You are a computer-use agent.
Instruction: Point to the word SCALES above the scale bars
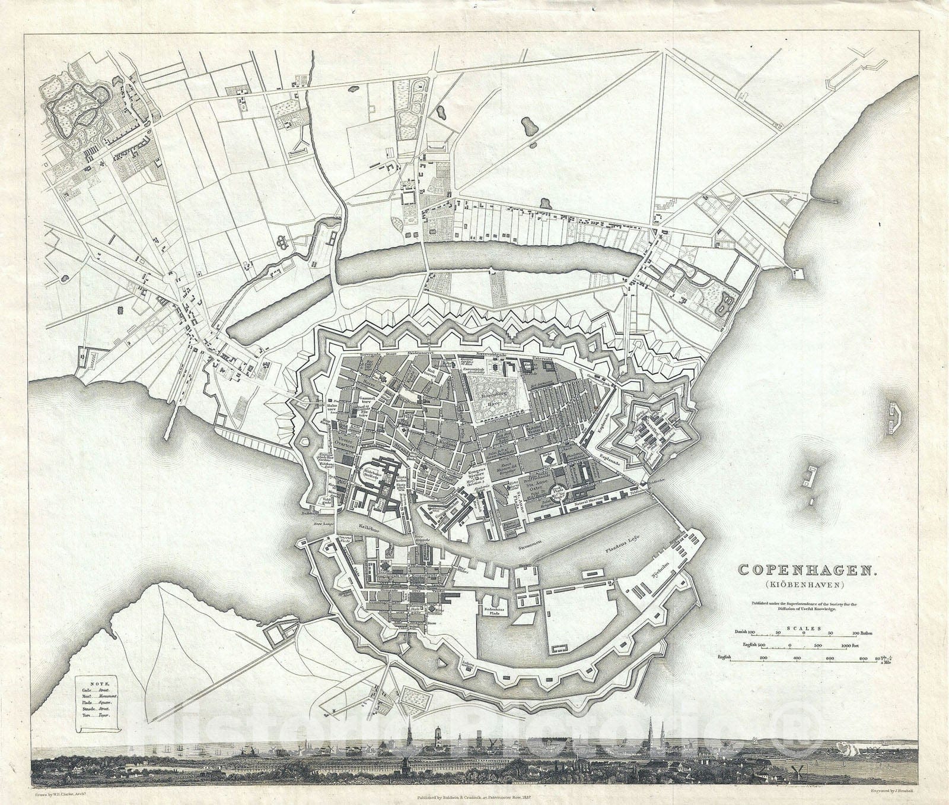pyautogui.click(x=804, y=627)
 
